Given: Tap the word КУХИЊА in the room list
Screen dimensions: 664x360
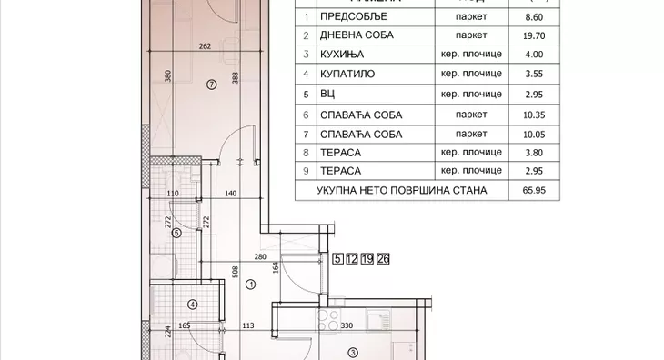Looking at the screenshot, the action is tap(341, 55).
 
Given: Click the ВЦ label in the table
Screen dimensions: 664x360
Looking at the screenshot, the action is tap(327, 94).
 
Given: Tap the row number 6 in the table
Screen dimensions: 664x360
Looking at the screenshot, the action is tap(307, 114).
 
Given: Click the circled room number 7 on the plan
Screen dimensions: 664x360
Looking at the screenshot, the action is tap(211, 85).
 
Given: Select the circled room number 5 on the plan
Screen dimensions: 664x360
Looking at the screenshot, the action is tap(176, 233).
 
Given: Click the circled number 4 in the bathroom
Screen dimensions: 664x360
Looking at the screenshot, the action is tap(192, 305).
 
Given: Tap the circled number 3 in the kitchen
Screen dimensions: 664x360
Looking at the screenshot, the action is tap(352, 354).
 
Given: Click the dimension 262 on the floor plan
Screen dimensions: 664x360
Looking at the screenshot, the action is tap(206, 48).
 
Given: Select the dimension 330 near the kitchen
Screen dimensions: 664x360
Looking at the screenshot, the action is tap(346, 324).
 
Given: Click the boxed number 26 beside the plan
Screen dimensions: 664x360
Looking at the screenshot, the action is tap(383, 259).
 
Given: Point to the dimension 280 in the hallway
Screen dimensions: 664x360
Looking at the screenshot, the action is tap(260, 258).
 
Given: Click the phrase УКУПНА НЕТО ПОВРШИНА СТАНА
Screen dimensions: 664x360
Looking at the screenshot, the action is tap(402, 191).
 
